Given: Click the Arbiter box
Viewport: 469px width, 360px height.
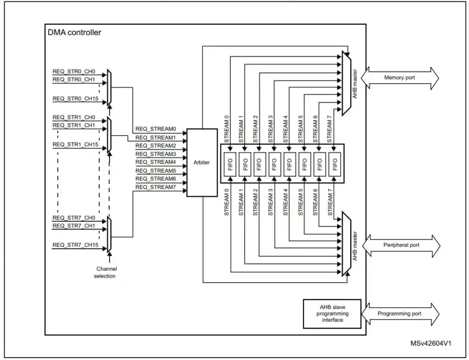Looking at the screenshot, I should coord(202,163).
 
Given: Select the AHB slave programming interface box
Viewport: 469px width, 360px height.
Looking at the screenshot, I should coord(332,314).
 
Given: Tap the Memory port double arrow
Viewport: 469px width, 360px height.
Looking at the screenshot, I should coord(400,77).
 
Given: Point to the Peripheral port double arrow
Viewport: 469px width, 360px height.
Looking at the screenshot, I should coord(401,245).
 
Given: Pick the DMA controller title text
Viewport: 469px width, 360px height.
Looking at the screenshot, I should coord(74,33).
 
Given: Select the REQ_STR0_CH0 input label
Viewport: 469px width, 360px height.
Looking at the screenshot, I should coord(74,71).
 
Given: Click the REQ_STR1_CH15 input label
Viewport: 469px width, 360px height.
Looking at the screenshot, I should coord(75,144).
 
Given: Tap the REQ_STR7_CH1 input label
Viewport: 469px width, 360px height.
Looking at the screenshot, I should coord(74,226).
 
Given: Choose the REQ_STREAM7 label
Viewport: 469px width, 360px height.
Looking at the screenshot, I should coord(156,187).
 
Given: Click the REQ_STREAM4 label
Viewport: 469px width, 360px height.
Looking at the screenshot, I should coord(156,162).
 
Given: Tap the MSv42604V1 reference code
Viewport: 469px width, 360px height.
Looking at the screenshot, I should coord(430,343).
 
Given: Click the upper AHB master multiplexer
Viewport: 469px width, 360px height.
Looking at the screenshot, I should coord(347,82).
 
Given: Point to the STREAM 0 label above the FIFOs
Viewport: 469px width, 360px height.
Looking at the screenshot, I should coord(226,126).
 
